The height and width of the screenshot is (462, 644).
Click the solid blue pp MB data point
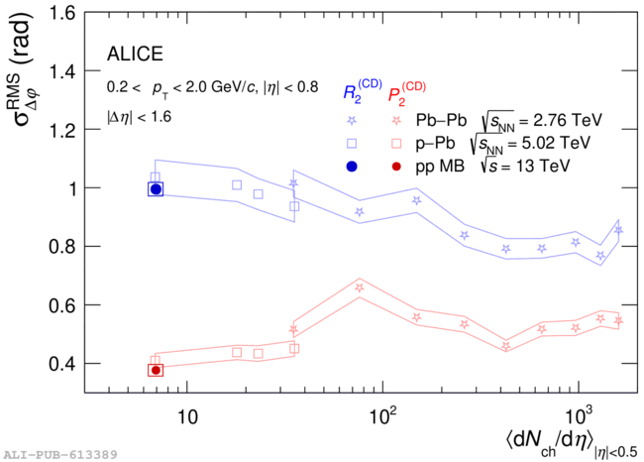click(156, 189)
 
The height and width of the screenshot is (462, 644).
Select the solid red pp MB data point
click(156, 370)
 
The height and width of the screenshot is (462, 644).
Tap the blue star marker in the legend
click(352, 121)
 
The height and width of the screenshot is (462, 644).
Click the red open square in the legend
click(396, 143)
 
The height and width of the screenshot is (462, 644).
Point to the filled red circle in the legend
click(396, 165)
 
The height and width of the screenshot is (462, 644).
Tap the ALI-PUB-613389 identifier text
click(59, 453)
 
